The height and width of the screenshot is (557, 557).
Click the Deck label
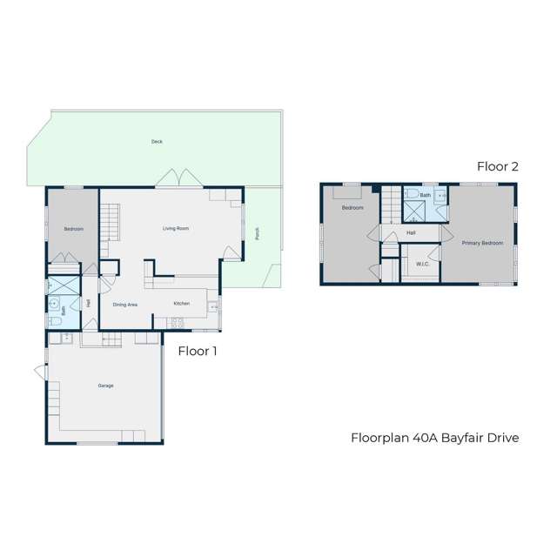157,141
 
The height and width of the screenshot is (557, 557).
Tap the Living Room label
176,229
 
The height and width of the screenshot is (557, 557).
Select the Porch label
258,233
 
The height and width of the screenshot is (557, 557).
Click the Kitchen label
181,304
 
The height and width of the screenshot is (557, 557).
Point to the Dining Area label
125,305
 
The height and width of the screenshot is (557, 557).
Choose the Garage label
105,386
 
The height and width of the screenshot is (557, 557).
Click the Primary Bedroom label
482,243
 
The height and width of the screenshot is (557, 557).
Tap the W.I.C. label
423,264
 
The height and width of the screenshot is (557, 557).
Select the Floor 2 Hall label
411,233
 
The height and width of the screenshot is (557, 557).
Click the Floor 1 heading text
198,352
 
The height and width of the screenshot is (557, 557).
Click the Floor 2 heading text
497,166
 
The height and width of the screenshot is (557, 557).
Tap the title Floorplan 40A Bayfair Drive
434,438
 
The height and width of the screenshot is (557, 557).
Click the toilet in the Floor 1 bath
53,321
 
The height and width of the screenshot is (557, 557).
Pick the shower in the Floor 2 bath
411,196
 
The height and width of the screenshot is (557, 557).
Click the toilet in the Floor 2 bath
441,196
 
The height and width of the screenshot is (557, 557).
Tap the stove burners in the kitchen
177,323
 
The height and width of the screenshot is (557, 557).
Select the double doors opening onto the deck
170,179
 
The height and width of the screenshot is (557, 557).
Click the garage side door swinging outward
40,372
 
